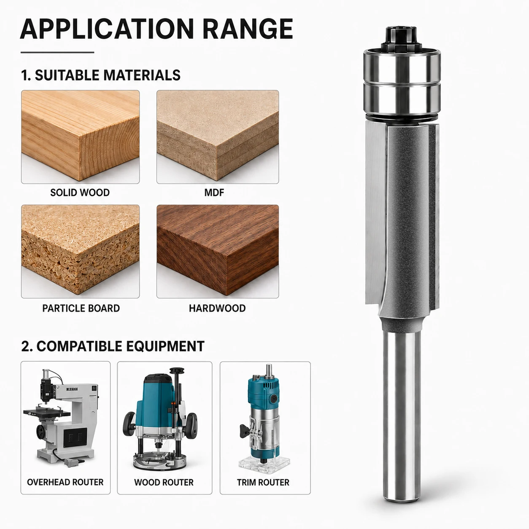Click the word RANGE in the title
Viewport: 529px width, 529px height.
[x=248, y=29]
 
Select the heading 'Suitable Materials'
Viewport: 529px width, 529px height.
[x=101, y=75]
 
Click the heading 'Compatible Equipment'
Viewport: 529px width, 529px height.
[x=113, y=346]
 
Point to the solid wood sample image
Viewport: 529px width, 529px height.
[x=80, y=137]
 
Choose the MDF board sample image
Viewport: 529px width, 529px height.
[x=218, y=137]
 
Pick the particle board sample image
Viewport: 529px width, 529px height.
[x=80, y=251]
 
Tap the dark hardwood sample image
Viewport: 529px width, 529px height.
[x=218, y=251]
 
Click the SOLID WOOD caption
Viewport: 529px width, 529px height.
[x=80, y=192]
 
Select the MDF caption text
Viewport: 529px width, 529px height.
[x=214, y=192]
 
